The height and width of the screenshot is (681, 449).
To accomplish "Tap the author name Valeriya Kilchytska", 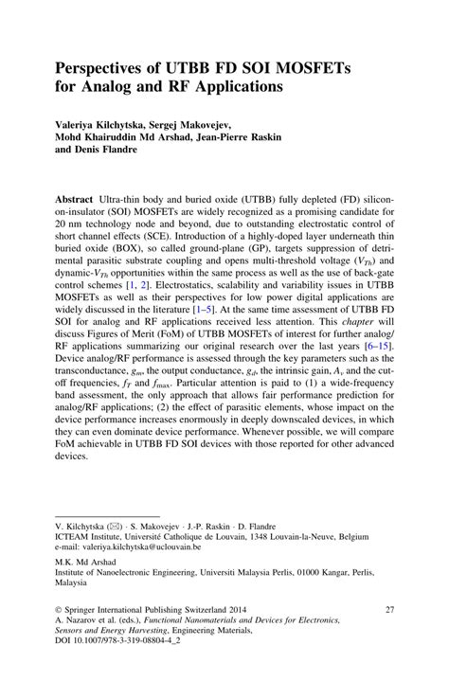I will pyautogui.click(x=111, y=123).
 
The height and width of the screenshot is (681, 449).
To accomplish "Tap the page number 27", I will pyautogui.click(x=388, y=611).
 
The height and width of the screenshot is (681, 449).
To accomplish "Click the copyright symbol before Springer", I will pyautogui.click(x=60, y=611).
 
